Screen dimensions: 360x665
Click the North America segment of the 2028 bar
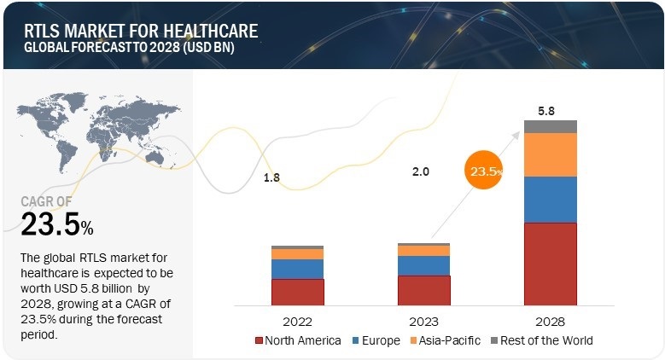[550, 264]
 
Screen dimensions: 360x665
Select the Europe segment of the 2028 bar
[550, 199]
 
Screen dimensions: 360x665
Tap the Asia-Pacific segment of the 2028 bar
[550, 154]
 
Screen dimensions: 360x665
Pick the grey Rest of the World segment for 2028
[550, 126]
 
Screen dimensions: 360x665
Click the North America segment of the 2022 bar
[297, 292]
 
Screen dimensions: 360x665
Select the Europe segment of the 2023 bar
[423, 265]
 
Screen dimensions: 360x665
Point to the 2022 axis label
[297, 322]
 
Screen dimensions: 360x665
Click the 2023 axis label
[423, 322]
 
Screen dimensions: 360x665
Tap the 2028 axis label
[550, 322]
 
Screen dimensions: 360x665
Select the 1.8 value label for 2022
[271, 177]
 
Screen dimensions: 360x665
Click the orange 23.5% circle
[483, 171]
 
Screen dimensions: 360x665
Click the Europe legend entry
[376, 340]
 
